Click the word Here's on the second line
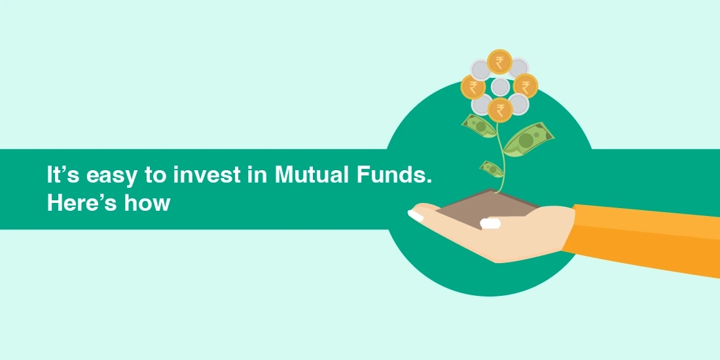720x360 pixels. pyautogui.click(x=79, y=202)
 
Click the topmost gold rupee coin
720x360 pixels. pyautogui.click(x=500, y=62)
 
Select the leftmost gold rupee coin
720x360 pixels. pyautogui.click(x=473, y=86)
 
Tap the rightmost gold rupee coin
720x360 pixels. pyautogui.click(x=526, y=86)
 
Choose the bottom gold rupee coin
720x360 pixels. pyautogui.click(x=500, y=109)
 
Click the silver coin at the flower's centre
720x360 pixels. pyautogui.click(x=500, y=86)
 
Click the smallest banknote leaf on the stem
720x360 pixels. pyautogui.click(x=492, y=168)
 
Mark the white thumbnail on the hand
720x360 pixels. pyautogui.click(x=490, y=223)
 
